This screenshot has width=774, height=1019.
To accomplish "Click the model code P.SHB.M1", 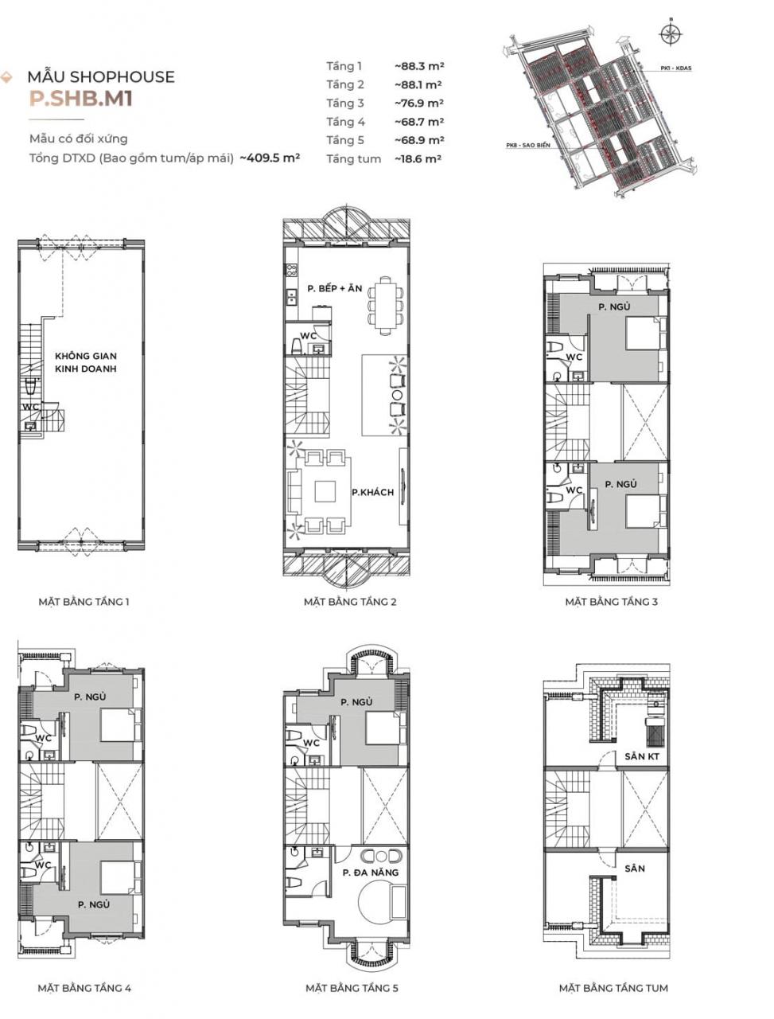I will coord(80,100).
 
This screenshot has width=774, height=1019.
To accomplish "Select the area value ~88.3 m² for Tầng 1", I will coord(418,66).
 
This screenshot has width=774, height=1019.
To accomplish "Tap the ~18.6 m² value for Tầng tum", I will coord(418,159).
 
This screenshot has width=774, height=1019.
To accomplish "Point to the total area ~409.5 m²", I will coord(270,158).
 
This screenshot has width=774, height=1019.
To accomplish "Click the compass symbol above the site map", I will coord(671,33).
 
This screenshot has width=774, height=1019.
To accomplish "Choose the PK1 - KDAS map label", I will coord(675,68).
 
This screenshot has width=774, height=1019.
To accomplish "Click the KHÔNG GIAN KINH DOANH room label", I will coord(86,363).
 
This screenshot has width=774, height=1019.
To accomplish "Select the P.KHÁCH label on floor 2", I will coord(372,493).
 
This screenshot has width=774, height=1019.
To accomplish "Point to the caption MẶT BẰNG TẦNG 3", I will coord(611,602).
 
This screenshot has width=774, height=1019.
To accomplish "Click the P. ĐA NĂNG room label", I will coord(370,873).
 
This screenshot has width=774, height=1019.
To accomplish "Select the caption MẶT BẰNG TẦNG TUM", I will coord(613,988).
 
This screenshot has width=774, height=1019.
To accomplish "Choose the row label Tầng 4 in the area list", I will coord(345,122).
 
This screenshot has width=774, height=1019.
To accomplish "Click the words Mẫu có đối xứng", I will coord(78,139).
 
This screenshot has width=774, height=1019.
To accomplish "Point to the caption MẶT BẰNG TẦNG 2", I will coord(349,602).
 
